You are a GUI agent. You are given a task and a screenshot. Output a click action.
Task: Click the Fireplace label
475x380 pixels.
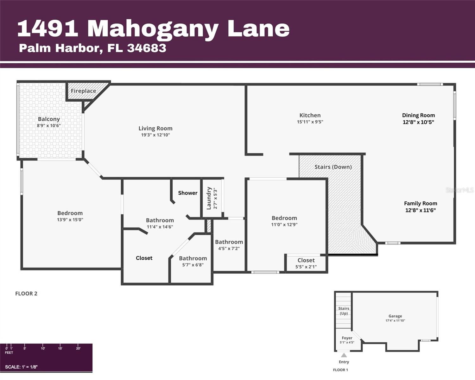[x=83, y=91]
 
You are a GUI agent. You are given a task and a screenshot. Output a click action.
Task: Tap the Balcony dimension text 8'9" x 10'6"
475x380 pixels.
[x=49, y=126]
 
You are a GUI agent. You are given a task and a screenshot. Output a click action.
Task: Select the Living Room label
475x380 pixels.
[x=155, y=128]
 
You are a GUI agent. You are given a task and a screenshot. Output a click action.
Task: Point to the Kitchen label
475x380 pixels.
[x=310, y=115]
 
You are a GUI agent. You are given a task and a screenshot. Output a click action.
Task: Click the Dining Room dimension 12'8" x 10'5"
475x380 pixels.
[x=418, y=122]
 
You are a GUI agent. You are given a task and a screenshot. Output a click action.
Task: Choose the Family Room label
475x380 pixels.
[x=421, y=203]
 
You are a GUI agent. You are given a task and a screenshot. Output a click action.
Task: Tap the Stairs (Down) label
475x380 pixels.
[x=333, y=167]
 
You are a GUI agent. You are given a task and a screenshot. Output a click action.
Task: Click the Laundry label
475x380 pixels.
[x=209, y=198]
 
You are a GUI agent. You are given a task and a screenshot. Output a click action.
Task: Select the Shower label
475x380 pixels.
[x=187, y=193]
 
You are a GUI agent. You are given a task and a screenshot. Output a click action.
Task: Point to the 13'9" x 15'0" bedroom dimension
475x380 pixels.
[x=70, y=220]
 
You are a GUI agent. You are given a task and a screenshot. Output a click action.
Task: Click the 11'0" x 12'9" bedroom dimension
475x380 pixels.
[x=284, y=225]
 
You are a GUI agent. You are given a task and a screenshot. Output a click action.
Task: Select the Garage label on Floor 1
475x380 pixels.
[x=395, y=316]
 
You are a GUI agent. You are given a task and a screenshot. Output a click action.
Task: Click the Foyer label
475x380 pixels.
[x=347, y=338]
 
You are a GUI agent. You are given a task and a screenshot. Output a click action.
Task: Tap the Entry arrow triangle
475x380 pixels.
[x=344, y=355]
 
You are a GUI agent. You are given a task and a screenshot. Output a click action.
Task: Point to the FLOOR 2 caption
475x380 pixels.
[x=26, y=294]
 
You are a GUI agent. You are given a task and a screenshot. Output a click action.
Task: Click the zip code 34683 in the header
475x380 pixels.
[x=147, y=48]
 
